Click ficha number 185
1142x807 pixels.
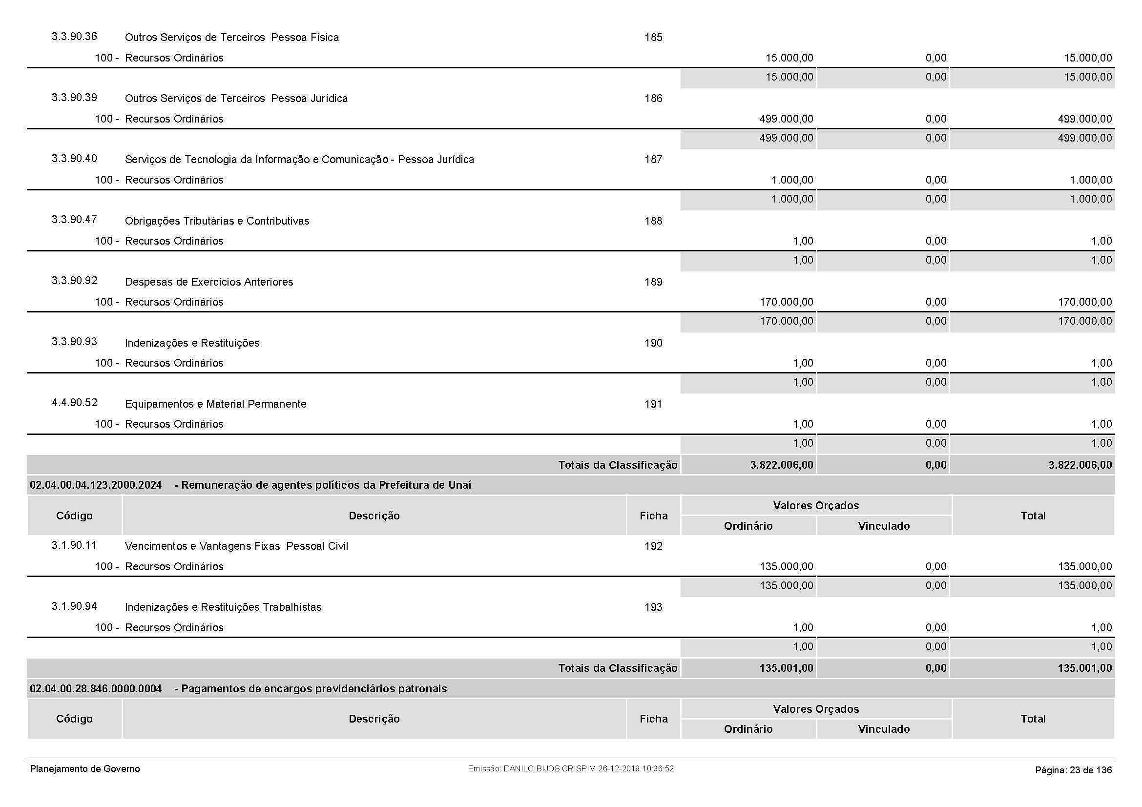pos(653,37)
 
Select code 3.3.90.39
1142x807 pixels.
pos(74,98)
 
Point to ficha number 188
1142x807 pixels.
pos(653,221)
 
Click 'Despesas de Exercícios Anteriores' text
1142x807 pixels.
pos(209,282)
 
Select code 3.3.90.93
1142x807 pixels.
pos(74,342)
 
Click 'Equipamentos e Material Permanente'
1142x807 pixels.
pos(215,404)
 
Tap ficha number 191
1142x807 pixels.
pos(653,404)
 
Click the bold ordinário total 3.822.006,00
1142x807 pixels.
pos(781,465)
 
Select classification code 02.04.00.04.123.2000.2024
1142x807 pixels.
pos(96,485)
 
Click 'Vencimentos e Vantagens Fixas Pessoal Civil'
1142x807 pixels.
pos(236,546)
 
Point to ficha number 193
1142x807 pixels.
pos(653,607)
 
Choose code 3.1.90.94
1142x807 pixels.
pos(74,606)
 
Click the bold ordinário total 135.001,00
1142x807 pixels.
pos(786,668)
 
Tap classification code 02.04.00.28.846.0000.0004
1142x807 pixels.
pos(96,689)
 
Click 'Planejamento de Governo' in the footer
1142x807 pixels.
pos(85,769)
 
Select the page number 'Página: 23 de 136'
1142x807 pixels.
pos(1073,770)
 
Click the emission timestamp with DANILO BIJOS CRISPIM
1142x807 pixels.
pos(570,769)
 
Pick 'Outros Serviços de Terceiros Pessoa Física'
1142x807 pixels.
pos(232,37)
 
